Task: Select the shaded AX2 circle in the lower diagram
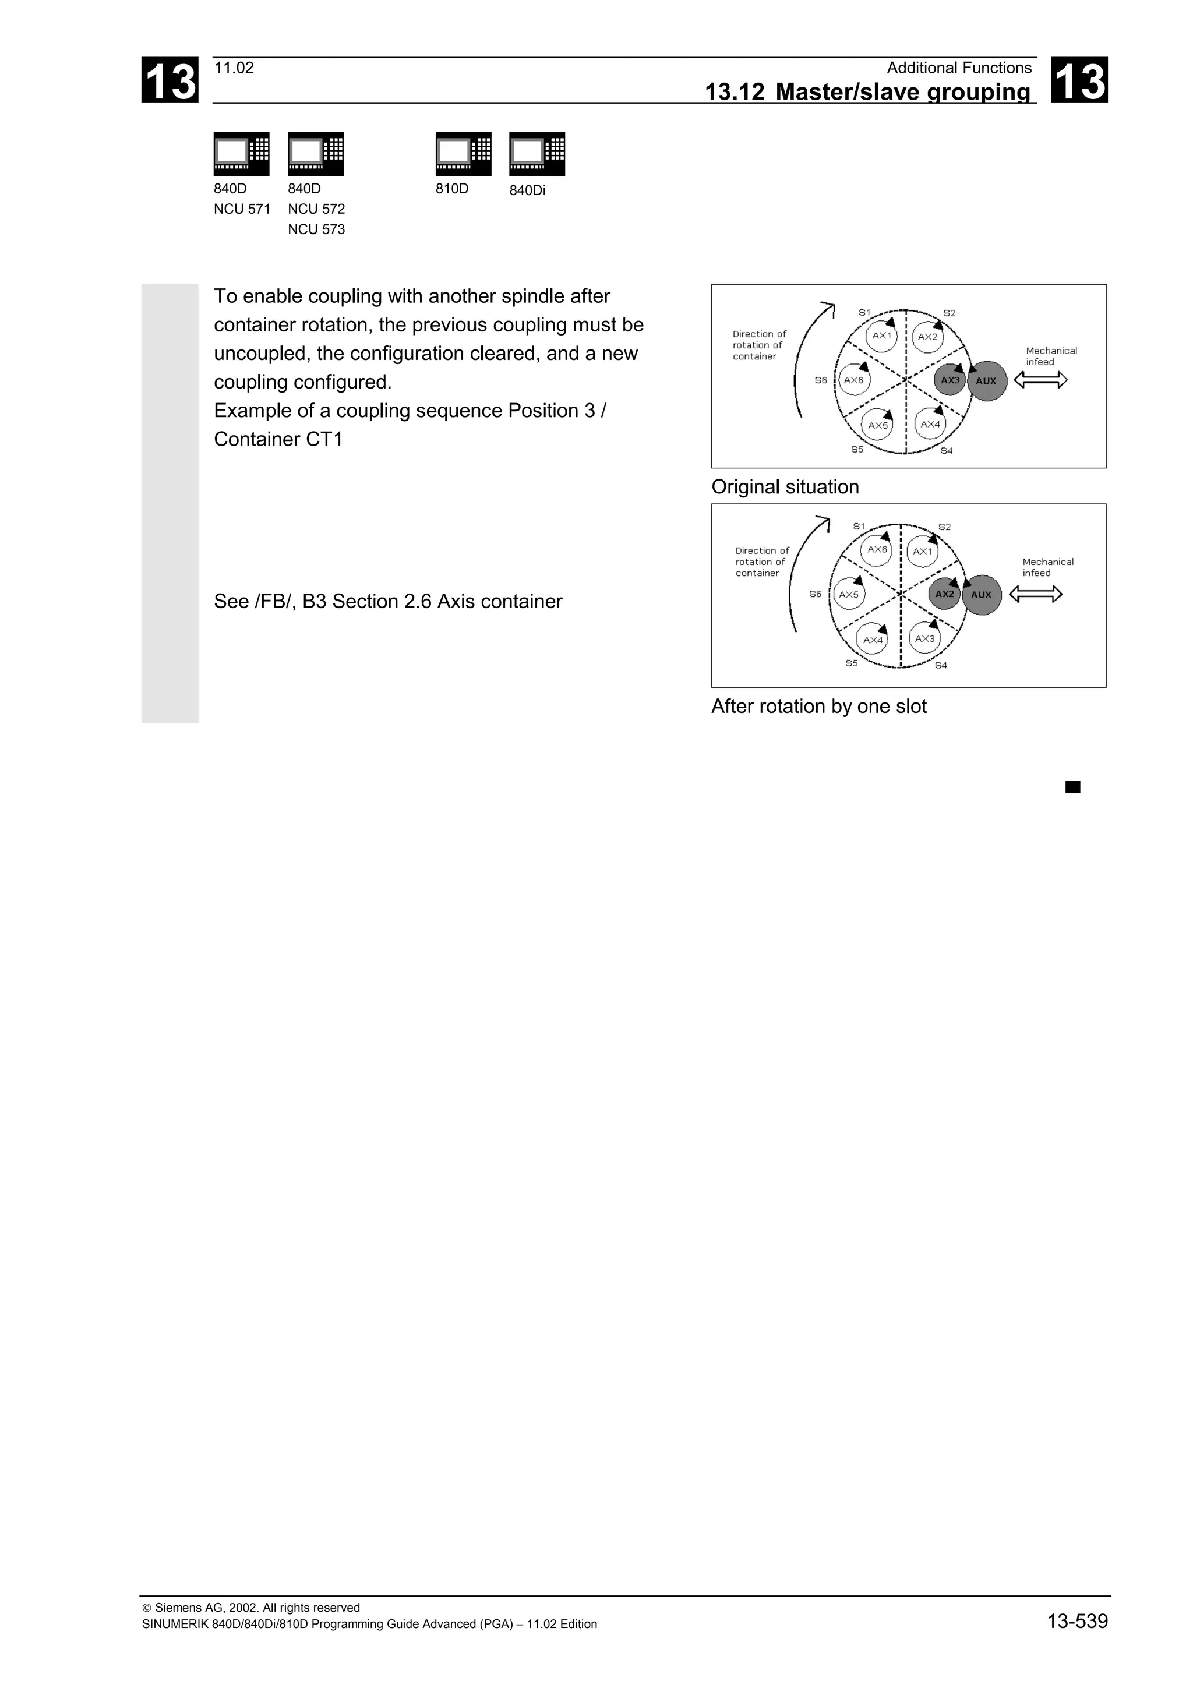[x=944, y=594]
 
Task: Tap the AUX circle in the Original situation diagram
[x=986, y=381]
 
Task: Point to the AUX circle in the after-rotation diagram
[x=982, y=595]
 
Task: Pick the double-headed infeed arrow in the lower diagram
[x=1036, y=594]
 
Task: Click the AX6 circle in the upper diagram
[x=854, y=380]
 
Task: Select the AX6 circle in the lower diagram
[x=877, y=550]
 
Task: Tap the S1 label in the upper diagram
[x=864, y=312]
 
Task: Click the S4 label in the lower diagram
[x=941, y=665]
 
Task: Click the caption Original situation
[x=785, y=487]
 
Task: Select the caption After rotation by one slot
[x=819, y=707]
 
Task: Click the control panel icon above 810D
[x=463, y=154]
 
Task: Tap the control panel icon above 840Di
[x=537, y=154]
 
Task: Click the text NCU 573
[x=316, y=229]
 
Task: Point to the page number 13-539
[x=1077, y=1621]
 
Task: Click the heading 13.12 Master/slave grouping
[x=867, y=92]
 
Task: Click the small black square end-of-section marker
[x=1073, y=787]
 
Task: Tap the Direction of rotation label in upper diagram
[x=758, y=345]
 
